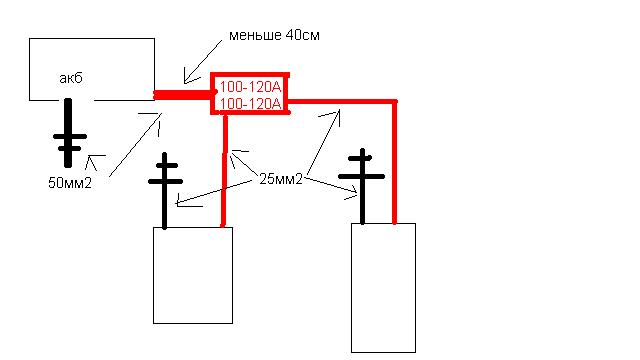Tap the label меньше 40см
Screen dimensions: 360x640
(x=274, y=36)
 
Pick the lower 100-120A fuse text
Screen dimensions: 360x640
(x=250, y=103)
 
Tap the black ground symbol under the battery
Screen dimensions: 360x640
(x=68, y=135)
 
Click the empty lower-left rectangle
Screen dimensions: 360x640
(x=192, y=274)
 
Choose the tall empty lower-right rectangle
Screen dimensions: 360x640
(x=383, y=287)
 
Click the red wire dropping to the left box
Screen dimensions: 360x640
(x=224, y=170)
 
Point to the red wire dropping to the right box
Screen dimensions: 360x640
(x=395, y=160)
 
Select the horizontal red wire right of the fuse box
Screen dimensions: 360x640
(x=340, y=101)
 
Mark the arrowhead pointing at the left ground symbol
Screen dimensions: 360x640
(x=179, y=202)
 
